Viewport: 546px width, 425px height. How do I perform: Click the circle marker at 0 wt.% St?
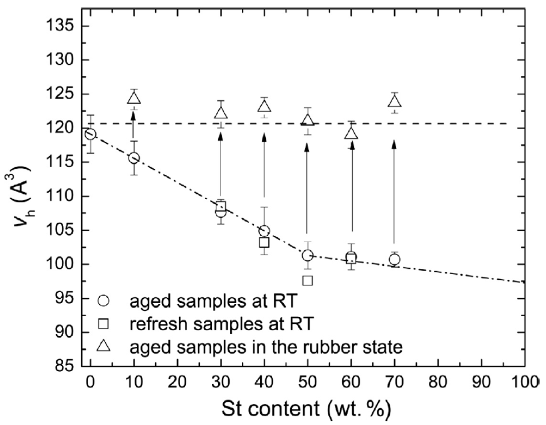[90, 134]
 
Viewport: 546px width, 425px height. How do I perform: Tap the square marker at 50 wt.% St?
[308, 280]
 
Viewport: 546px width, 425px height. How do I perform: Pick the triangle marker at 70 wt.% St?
[395, 102]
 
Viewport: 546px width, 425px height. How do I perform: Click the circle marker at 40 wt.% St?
[264, 231]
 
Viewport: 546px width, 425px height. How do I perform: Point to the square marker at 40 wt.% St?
[264, 242]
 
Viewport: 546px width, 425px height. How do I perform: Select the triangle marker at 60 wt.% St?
[351, 134]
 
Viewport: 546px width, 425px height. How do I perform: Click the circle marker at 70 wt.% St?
[395, 259]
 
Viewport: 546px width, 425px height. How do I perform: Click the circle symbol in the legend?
[104, 301]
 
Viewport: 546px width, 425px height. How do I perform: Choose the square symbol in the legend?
[104, 324]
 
